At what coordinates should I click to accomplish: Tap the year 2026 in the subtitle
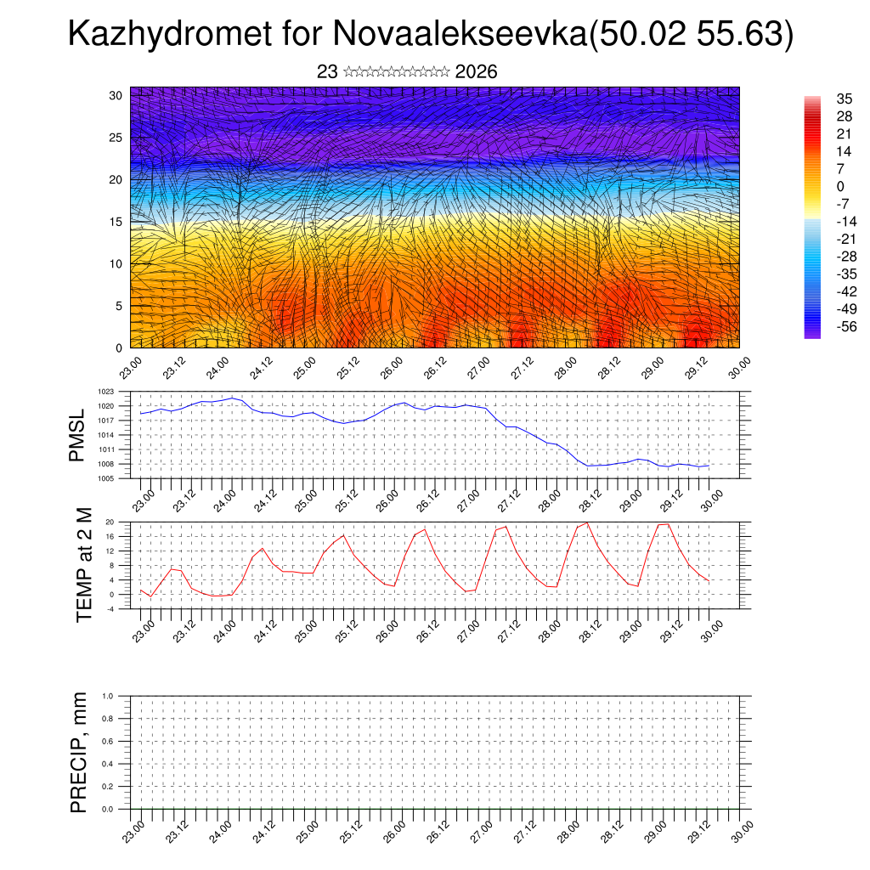tap(476, 72)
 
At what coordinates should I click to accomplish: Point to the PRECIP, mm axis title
tap(79, 752)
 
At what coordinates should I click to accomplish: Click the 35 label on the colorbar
tap(845, 99)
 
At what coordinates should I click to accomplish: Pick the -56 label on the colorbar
tap(845, 326)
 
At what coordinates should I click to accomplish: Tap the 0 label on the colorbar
tap(840, 186)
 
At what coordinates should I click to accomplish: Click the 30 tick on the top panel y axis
tap(116, 95)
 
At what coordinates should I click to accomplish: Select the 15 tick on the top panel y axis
tap(116, 222)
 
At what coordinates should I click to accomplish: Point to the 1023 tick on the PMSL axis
tap(105, 392)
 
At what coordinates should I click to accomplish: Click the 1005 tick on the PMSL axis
tap(105, 478)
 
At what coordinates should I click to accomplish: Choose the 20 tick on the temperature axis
tap(110, 522)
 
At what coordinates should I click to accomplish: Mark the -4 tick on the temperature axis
tap(110, 608)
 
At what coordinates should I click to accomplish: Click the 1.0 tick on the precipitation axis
tap(108, 696)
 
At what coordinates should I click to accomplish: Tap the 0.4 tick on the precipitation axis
tap(108, 764)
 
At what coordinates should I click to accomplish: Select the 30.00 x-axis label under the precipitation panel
tap(741, 831)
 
